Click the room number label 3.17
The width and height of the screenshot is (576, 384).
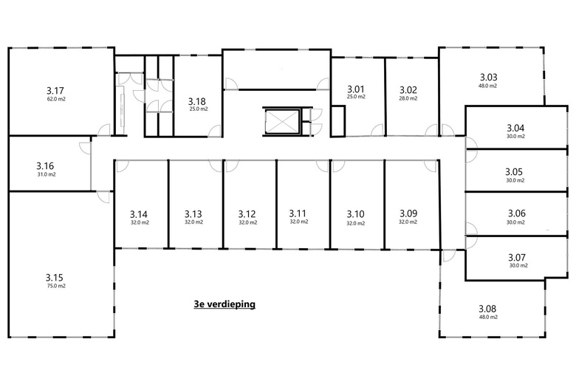click(x=55, y=90)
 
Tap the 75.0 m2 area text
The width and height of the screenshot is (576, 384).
click(x=56, y=286)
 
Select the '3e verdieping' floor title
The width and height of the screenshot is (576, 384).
click(x=224, y=304)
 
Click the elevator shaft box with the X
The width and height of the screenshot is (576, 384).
click(x=281, y=121)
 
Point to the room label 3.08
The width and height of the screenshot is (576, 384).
click(x=487, y=309)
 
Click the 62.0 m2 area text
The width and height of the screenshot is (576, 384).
click(x=56, y=99)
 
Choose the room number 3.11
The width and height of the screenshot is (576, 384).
click(x=298, y=213)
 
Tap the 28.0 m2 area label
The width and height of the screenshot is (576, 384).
click(x=408, y=98)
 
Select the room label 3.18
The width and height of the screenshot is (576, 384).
click(x=197, y=101)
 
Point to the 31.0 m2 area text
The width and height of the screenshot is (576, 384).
click(x=47, y=174)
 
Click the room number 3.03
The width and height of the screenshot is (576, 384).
click(x=489, y=77)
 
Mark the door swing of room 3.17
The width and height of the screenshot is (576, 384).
click(x=104, y=128)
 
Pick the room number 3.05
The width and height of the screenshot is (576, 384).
click(x=514, y=172)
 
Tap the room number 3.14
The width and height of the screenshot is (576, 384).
click(x=139, y=214)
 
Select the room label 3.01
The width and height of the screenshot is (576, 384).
click(x=356, y=89)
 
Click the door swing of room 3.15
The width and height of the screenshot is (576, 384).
click(x=103, y=197)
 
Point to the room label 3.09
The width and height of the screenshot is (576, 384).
click(x=408, y=213)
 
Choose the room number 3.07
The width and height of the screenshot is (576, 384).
click(x=517, y=257)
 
